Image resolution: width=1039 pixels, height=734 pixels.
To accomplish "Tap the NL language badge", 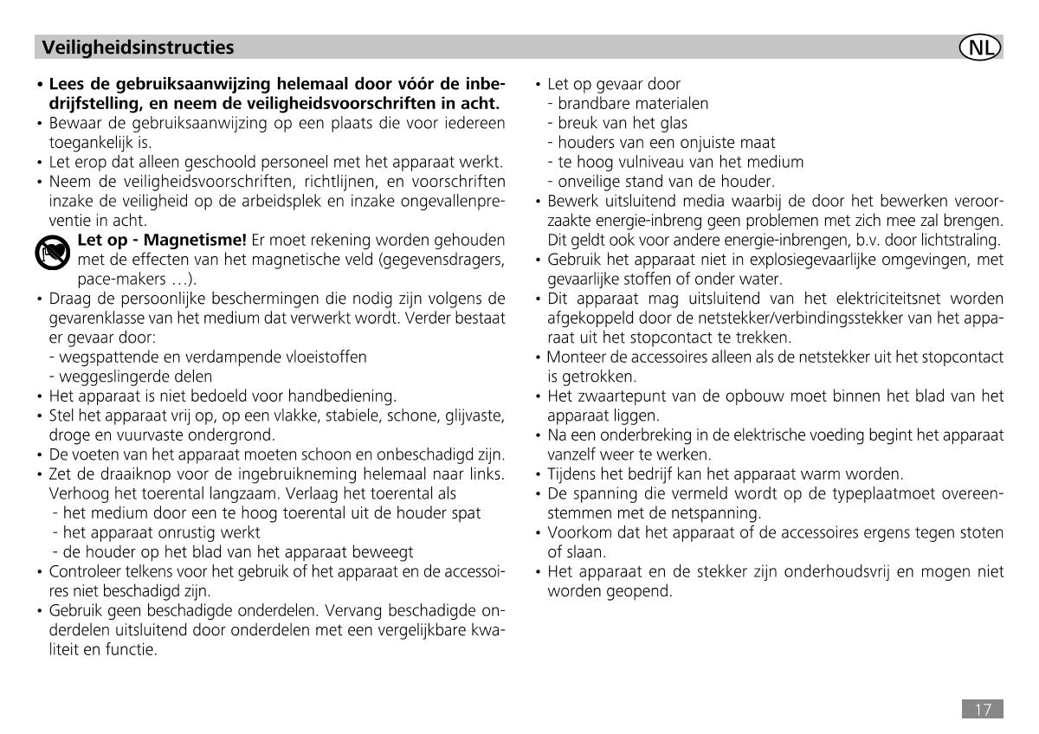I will tap(980, 47).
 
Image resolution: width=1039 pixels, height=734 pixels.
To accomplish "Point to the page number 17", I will tap(982, 710).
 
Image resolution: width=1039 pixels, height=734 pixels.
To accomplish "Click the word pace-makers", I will tap(112, 279).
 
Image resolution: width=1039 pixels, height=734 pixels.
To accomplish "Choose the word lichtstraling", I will tap(958, 240).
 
